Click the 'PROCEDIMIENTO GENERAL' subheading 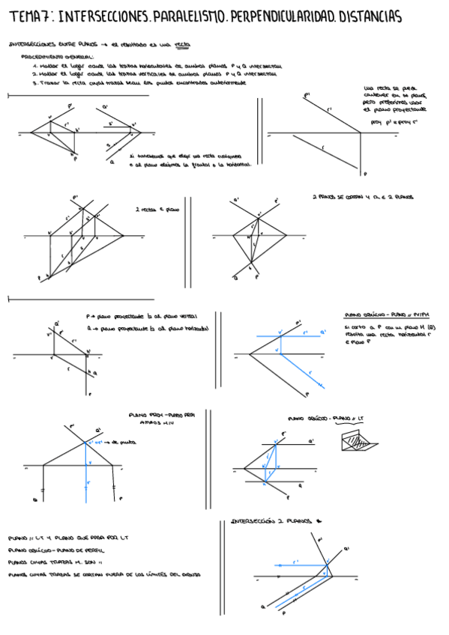pos(58,57)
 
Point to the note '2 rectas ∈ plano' pos(151,210)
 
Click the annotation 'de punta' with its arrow pos(121,443)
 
